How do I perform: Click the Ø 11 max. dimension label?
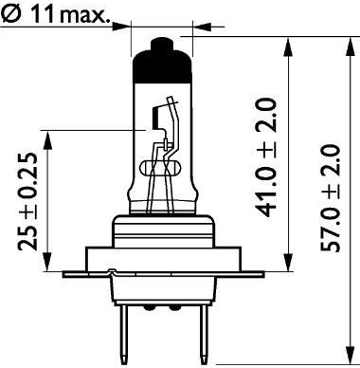click(57, 15)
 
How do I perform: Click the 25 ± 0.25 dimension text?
click(27, 202)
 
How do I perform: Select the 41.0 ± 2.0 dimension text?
click(266, 157)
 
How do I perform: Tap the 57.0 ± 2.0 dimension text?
click(331, 198)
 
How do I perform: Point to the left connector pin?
click(125, 334)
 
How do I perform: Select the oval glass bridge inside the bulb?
click(160, 168)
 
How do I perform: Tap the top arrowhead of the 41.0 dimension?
click(288, 46)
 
